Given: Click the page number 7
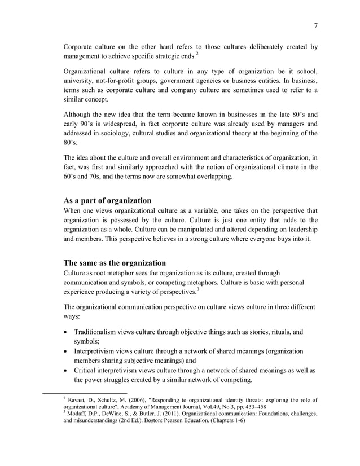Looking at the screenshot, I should pos(315,24).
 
